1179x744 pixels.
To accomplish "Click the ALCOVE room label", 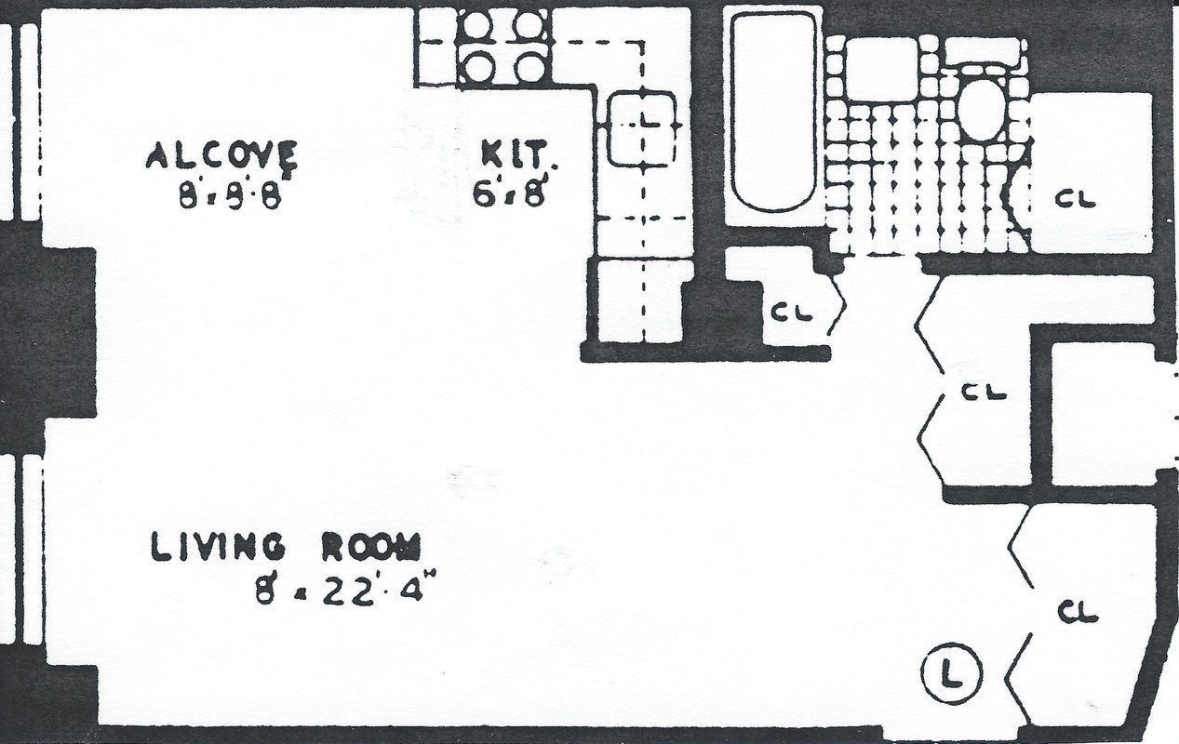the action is (x=221, y=155).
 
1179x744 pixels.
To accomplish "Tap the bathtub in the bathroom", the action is (x=772, y=112).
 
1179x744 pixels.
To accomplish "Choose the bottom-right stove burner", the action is (x=529, y=67).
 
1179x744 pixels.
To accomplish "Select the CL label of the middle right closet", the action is (x=984, y=392).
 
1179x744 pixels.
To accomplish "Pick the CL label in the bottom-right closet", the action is (x=1079, y=612).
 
